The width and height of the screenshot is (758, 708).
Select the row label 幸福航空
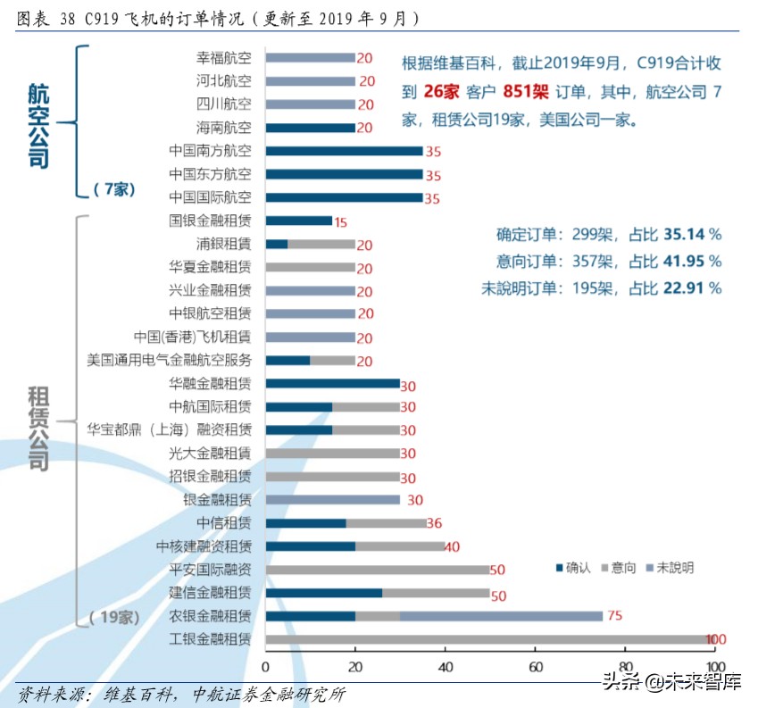pyautogui.click(x=223, y=58)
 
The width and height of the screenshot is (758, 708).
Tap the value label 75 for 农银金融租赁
pyautogui.click(x=614, y=615)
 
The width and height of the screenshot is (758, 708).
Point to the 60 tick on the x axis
pyautogui.click(x=536, y=667)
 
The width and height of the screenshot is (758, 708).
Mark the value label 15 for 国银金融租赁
pyautogui.click(x=340, y=221)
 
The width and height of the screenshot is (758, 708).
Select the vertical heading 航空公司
pyautogui.click(x=37, y=125)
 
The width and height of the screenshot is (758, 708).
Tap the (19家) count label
pyautogui.click(x=114, y=617)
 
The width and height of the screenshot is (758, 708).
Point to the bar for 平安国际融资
pyautogui.click(x=378, y=570)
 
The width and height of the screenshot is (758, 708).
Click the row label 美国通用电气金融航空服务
pyautogui.click(x=169, y=360)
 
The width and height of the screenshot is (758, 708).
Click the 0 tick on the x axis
pyautogui.click(x=266, y=667)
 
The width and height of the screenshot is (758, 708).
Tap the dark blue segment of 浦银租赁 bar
pyautogui.click(x=277, y=244)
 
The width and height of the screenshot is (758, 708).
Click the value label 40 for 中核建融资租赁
pyautogui.click(x=452, y=546)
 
